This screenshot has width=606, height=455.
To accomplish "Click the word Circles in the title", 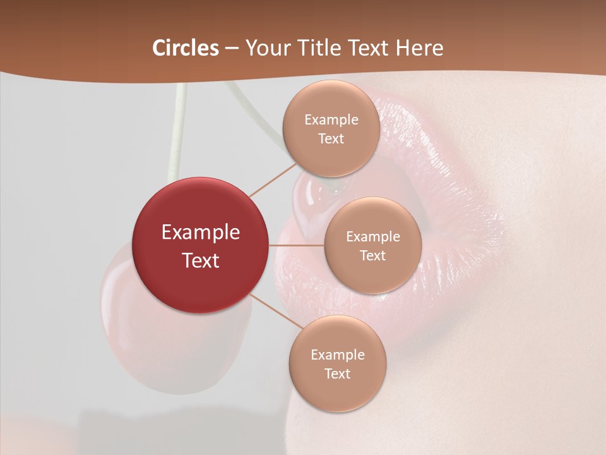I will pyautogui.click(x=185, y=48).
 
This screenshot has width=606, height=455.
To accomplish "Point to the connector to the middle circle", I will pyautogui.click(x=297, y=245).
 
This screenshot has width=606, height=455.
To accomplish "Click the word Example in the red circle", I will pyautogui.click(x=201, y=233).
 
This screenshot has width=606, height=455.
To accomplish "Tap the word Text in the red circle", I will pyautogui.click(x=201, y=260).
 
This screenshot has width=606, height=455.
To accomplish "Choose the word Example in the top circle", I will pyautogui.click(x=331, y=119).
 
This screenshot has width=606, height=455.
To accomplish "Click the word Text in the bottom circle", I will pyautogui.click(x=338, y=373).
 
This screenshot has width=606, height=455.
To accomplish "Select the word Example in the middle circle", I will pyautogui.click(x=373, y=236).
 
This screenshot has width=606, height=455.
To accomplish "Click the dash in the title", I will pyautogui.click(x=232, y=48).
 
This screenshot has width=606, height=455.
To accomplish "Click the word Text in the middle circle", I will pyautogui.click(x=373, y=255).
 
